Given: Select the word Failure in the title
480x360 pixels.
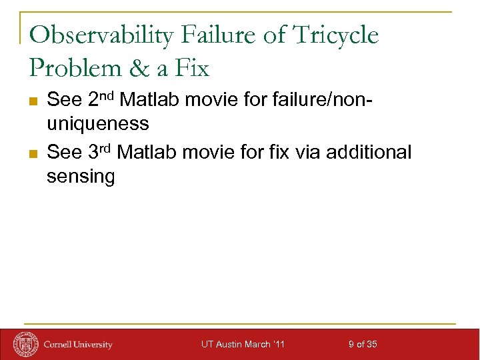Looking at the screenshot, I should (223, 35).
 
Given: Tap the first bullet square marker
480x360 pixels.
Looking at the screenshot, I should (33, 101).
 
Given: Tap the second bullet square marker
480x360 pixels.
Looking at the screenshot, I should (33, 153).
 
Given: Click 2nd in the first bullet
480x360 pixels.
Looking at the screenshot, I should (101, 100).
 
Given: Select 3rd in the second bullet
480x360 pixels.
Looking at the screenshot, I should (101, 152).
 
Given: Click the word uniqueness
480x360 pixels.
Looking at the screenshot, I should (97, 125).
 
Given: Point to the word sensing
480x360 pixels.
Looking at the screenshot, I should (81, 177).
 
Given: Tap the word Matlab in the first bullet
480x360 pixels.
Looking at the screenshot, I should (150, 101).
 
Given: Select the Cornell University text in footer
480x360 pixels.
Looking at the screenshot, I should (78, 345).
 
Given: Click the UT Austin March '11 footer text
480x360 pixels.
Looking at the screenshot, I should (243, 344).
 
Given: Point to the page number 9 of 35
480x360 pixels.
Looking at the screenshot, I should (363, 344).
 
